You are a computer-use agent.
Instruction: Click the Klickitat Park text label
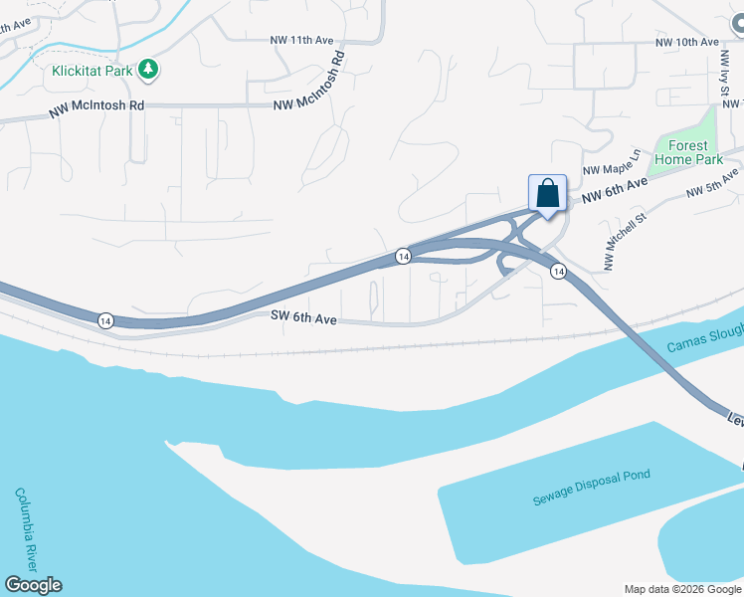pos(93,72)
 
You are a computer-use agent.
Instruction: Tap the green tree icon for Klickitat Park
pos(149,69)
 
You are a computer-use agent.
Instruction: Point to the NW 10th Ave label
pos(686,43)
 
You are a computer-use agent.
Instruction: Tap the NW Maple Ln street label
pos(609,170)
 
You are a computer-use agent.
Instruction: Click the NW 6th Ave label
pos(615,190)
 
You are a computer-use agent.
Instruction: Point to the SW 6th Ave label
pos(304,318)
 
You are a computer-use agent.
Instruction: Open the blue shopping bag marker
pos(547,192)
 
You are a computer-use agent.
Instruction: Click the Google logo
pos(33,585)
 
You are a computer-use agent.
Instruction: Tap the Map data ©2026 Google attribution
pos(682,589)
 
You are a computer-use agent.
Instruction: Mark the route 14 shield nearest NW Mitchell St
pos(559,271)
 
